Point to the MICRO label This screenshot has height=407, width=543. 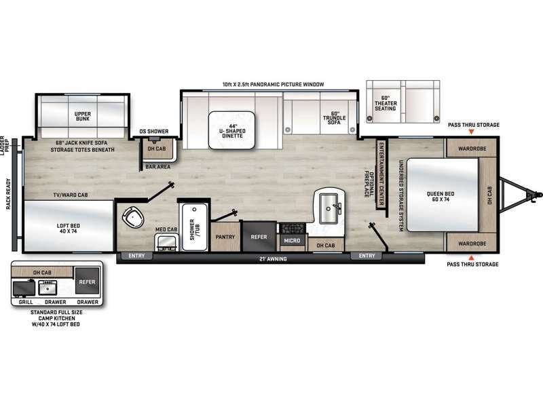293,240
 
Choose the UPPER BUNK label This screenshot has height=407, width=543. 83,115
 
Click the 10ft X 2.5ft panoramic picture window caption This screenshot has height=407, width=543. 274,84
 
